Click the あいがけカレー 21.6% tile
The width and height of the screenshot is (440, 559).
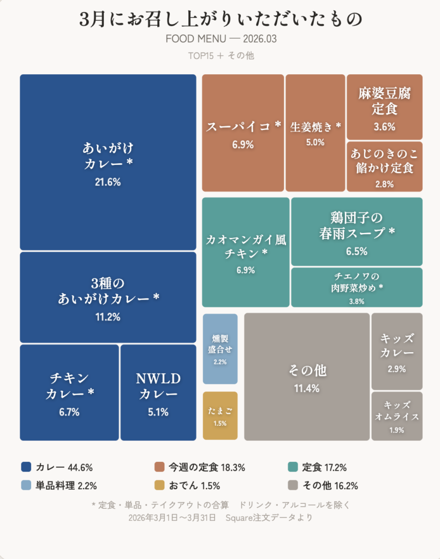coord(108,162)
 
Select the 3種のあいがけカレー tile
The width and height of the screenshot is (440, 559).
coord(108,297)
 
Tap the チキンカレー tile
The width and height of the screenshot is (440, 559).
coord(69,393)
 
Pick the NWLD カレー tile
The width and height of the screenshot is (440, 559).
coord(158,393)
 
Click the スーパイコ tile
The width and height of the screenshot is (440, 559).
coord(243,133)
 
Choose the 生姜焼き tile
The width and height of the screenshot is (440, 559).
coord(315,133)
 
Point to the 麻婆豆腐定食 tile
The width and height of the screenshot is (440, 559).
coord(384,107)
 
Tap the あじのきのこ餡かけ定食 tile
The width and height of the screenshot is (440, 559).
coord(384,166)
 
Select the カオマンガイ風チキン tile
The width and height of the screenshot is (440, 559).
coord(246,252)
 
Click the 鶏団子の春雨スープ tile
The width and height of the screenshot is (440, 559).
coord(356,231)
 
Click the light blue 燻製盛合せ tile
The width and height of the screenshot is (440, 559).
coord(220,349)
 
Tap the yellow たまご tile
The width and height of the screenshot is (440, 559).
coord(220,415)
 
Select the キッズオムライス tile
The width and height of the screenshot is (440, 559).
coord(397,416)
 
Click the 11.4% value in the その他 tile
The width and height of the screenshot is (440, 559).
coord(306,389)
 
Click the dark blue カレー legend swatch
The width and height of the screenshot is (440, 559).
coord(26,467)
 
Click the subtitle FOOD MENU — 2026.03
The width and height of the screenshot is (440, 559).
coord(221,39)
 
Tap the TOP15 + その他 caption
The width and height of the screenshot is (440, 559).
coord(221,55)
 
